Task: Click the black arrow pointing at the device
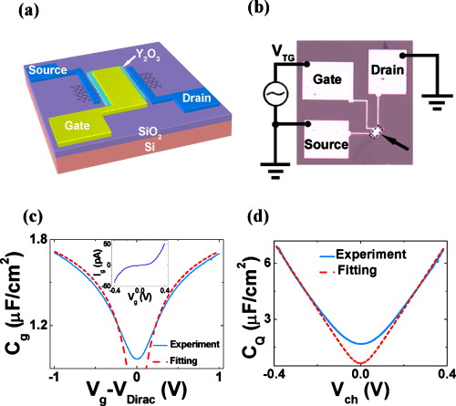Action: [397, 144]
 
